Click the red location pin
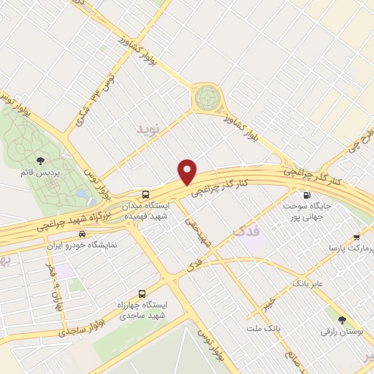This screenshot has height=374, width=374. tap(188, 172)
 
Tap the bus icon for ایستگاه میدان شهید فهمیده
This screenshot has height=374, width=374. tap(147, 194)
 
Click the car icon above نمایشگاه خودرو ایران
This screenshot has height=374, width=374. tap(82, 234)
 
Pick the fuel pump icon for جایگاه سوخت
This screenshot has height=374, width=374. tap(305, 195)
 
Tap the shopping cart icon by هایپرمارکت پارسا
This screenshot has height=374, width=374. tap(356, 237)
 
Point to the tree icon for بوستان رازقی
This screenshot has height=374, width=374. tap(341, 319)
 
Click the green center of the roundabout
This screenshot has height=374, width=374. tap(207, 97)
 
